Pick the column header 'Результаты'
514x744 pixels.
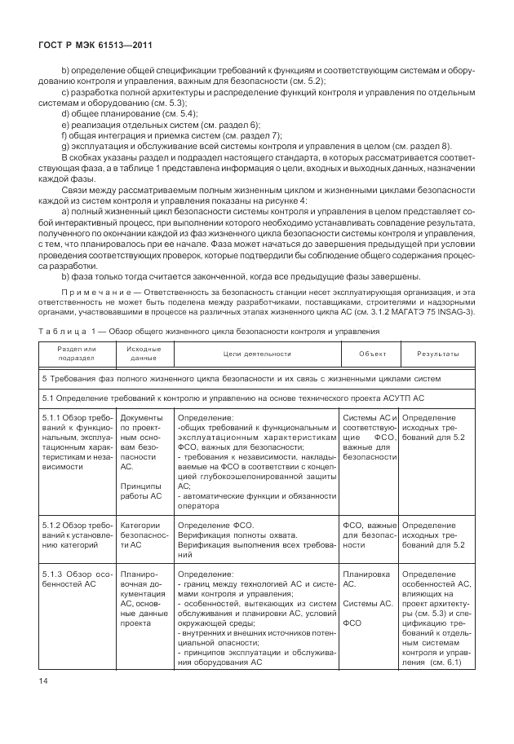tap(436, 354)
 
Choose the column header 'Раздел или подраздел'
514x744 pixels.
tap(77, 354)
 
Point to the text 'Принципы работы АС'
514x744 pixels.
tap(142, 490)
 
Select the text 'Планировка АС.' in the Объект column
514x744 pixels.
tap(360, 579)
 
